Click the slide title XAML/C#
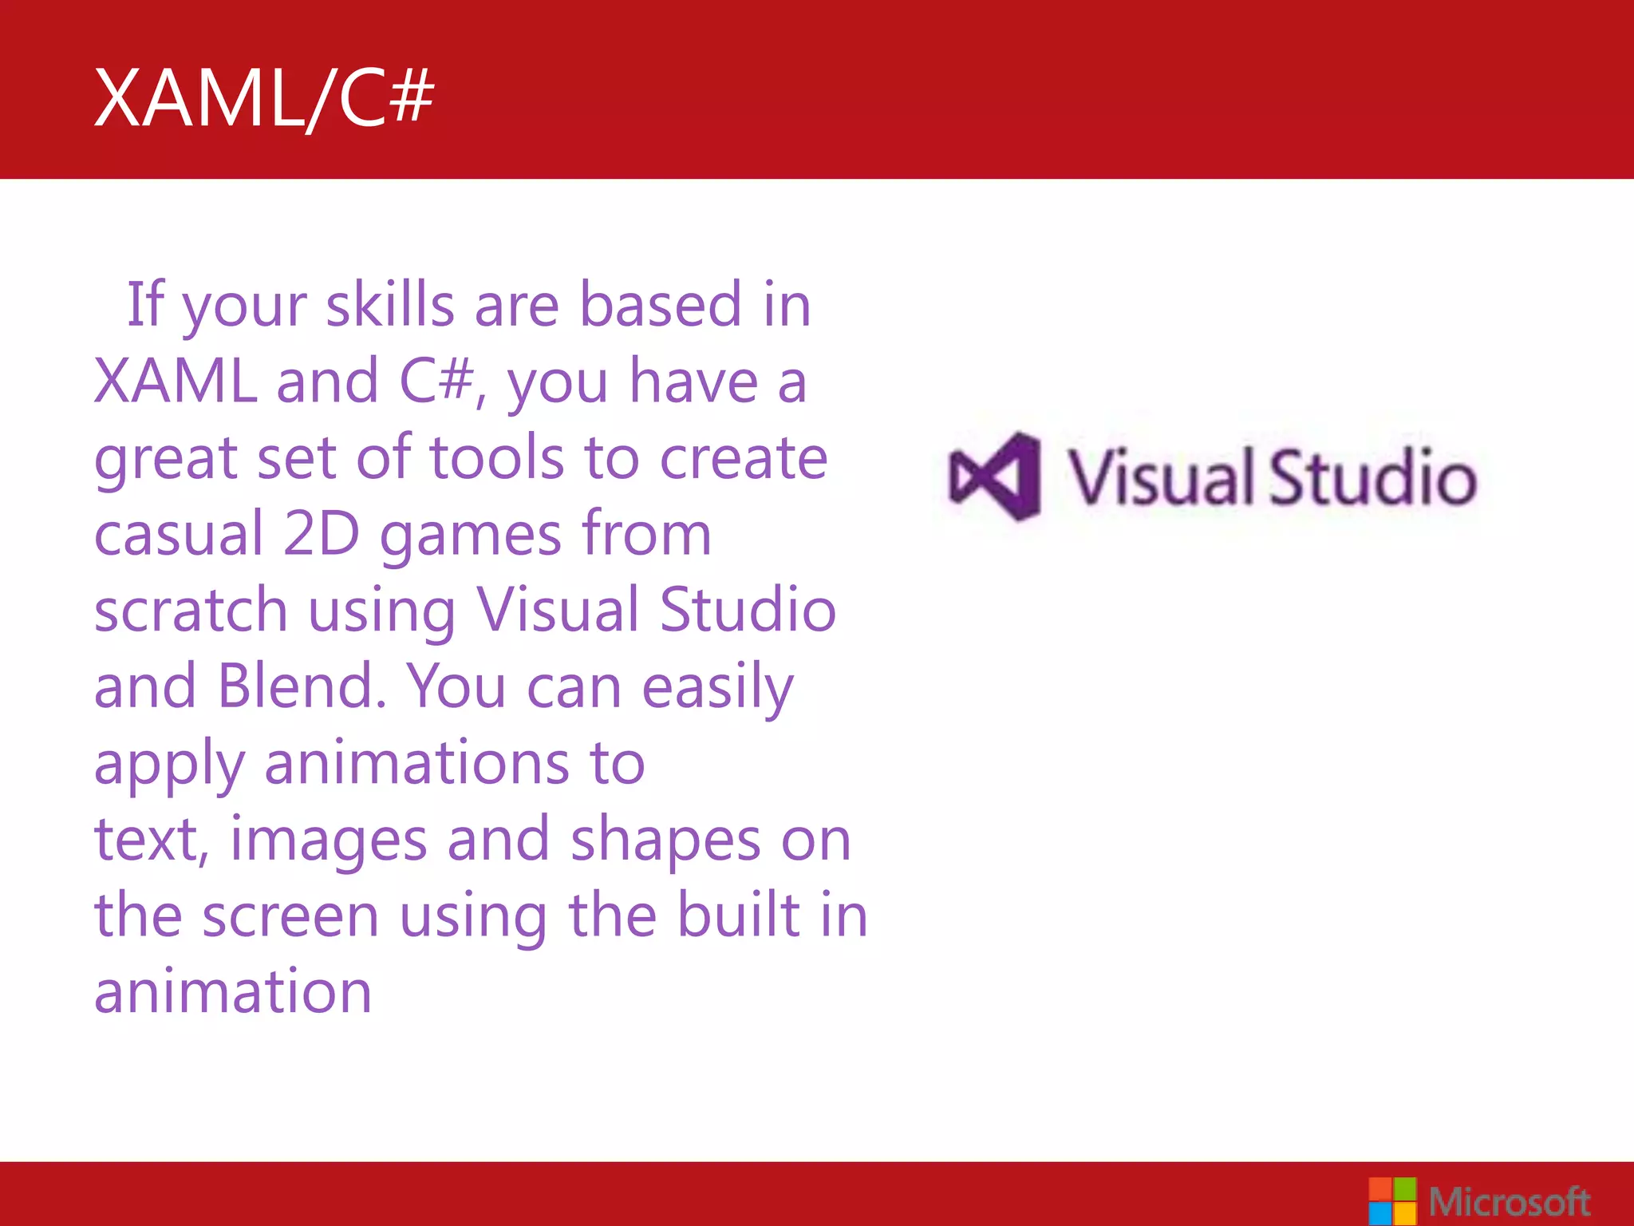(264, 98)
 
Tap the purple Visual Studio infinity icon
(994, 477)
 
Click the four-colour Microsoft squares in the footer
(1392, 1200)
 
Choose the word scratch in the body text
(191, 610)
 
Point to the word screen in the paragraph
(290, 916)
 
